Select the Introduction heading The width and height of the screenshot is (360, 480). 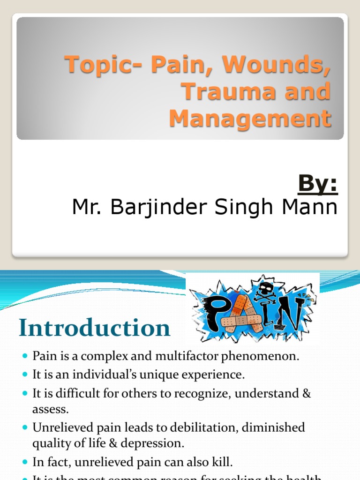tap(94, 328)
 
